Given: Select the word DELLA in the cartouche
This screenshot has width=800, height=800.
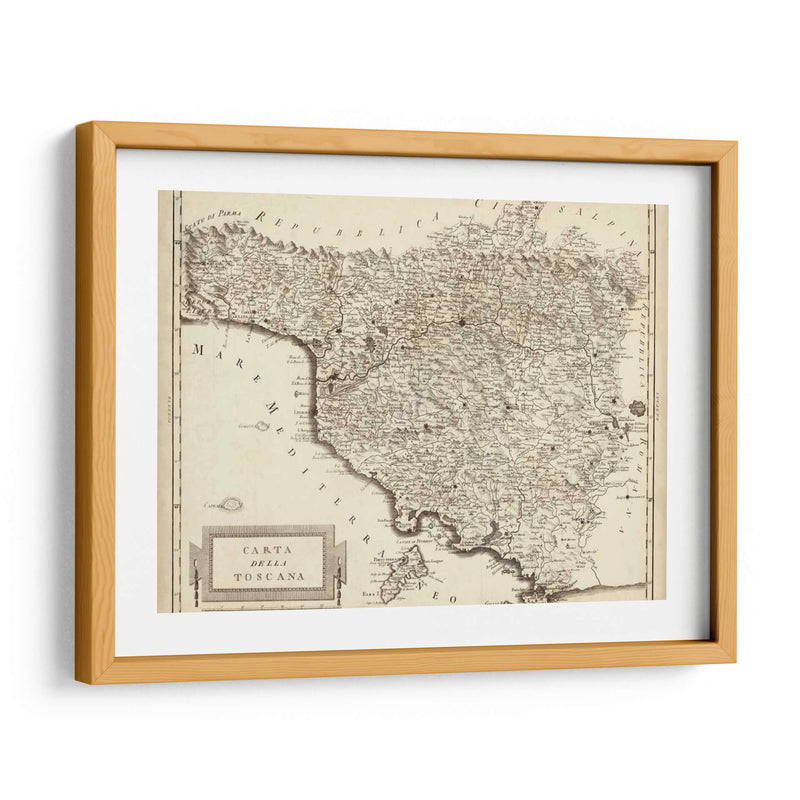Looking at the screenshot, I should click(x=267, y=563).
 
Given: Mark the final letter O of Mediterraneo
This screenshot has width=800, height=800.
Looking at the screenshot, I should click(x=452, y=597).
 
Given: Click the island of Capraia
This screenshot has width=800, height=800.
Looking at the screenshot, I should click(x=231, y=506).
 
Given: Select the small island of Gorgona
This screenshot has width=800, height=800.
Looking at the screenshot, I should click(x=262, y=425).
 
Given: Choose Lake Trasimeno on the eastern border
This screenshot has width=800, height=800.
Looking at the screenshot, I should click(x=637, y=409).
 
